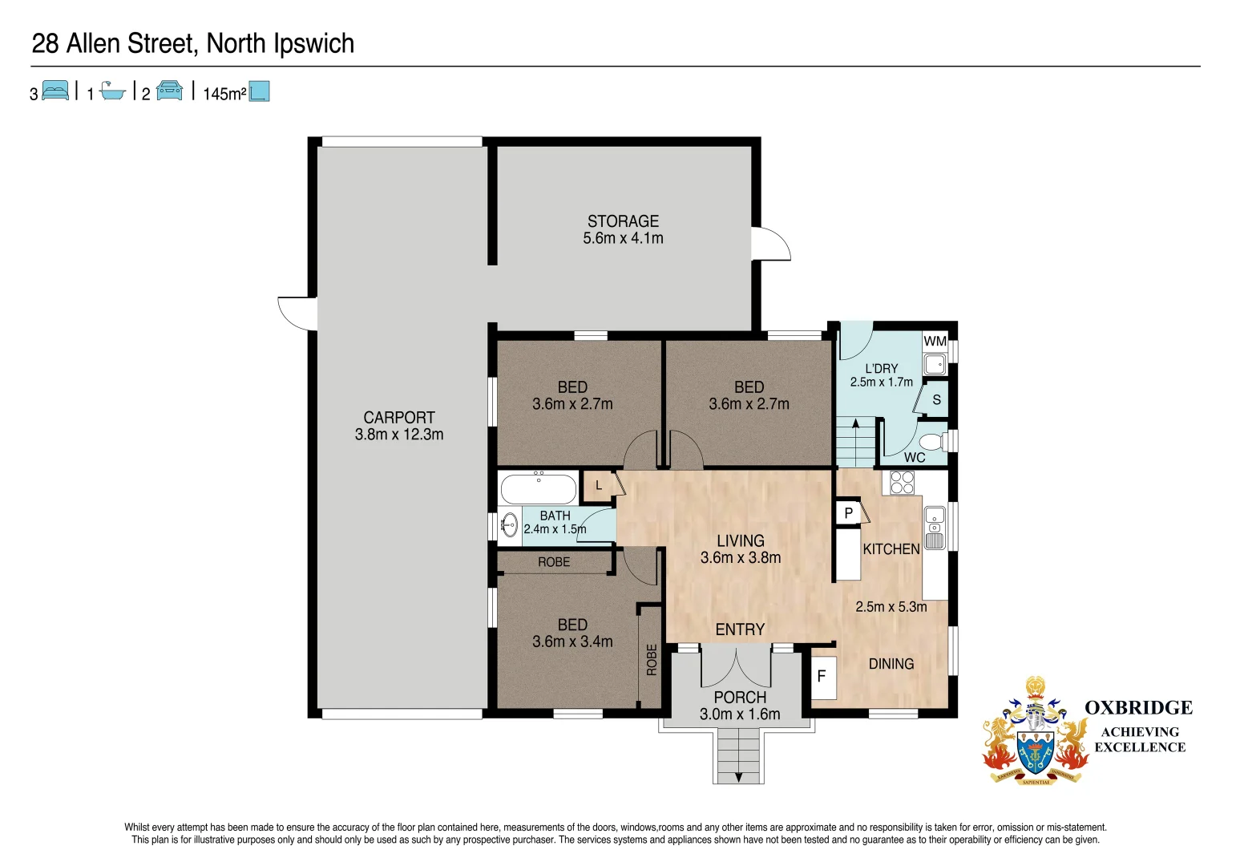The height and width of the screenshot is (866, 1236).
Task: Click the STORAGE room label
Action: [x=623, y=221]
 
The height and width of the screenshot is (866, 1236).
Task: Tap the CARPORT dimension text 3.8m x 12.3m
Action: [x=399, y=435]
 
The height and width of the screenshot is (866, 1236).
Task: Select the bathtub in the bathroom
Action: [x=538, y=488]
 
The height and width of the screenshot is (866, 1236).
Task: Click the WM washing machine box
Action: [x=935, y=342]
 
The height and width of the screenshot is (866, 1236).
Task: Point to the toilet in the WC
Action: [x=932, y=442]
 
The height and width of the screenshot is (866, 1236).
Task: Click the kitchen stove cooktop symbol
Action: [x=903, y=482]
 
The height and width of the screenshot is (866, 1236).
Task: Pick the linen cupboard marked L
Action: [x=598, y=485]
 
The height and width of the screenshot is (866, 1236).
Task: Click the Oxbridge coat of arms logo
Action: [x=1035, y=731]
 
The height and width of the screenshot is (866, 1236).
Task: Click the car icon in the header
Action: [x=169, y=91]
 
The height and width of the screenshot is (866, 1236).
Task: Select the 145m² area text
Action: [x=224, y=94]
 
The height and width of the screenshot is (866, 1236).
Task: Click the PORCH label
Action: [x=740, y=698]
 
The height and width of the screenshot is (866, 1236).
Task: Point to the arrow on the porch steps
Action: [x=737, y=776]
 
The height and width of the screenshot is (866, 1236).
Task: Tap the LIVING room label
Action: [x=740, y=541]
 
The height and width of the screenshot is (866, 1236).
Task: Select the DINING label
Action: [x=891, y=664]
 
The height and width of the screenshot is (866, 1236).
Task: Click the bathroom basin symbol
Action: [x=510, y=525]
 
